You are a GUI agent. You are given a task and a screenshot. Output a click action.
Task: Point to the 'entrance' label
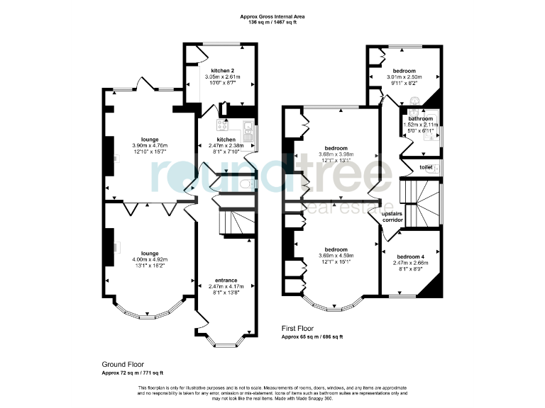tap(226, 280)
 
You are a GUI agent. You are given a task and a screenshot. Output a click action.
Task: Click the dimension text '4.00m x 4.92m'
tap(149, 259)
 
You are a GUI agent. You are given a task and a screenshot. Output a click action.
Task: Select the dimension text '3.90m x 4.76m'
tap(149, 145)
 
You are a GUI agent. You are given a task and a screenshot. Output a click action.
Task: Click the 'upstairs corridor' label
tap(392, 217)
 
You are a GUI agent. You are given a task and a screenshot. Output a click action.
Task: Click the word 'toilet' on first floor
tap(426, 168)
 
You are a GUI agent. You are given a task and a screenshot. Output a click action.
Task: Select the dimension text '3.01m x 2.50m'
tap(404, 76)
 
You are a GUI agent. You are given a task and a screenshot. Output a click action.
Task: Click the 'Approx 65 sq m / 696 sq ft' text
tap(312, 337)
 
